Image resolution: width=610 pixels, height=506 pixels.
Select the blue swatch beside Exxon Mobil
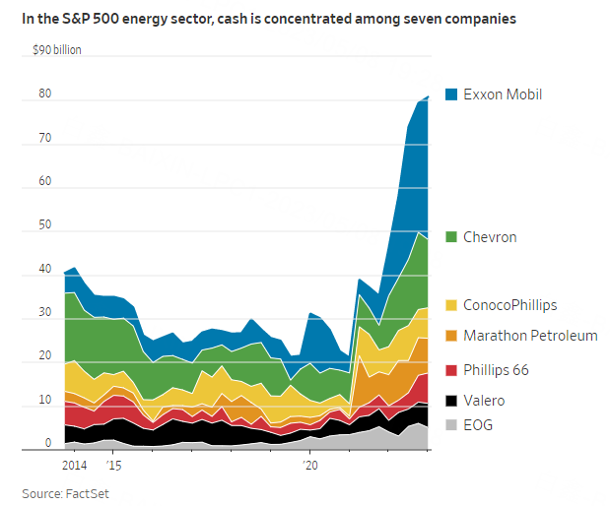[x=451, y=95]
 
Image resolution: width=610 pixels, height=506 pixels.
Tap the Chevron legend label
[x=490, y=237]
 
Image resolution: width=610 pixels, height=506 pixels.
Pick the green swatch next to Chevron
[x=451, y=237]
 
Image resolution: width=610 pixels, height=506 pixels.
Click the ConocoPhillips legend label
[x=511, y=305]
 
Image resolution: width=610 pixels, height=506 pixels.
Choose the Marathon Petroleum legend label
[x=530, y=336]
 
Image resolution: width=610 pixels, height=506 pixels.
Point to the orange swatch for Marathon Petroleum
[x=451, y=336]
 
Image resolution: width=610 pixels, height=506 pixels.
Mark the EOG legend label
[x=478, y=426]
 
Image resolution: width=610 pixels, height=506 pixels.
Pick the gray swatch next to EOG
[x=451, y=426]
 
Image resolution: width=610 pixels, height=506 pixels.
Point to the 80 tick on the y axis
[x=43, y=95]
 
